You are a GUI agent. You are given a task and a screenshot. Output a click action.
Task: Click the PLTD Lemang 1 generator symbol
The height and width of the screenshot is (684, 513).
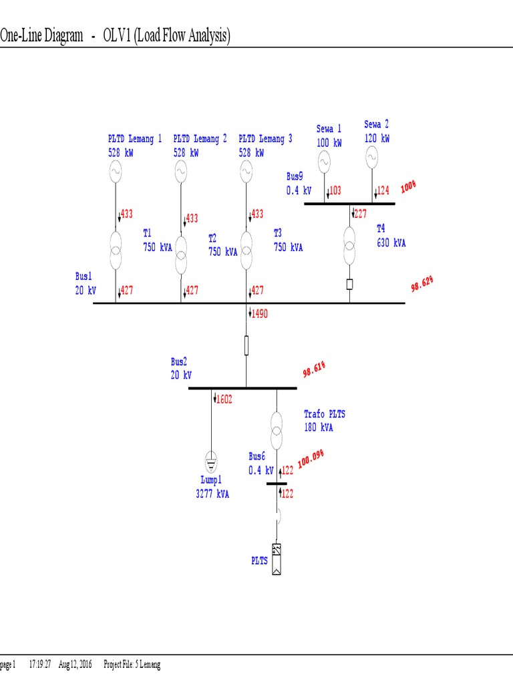116,172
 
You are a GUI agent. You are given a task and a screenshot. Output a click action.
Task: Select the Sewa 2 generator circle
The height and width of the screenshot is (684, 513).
371,158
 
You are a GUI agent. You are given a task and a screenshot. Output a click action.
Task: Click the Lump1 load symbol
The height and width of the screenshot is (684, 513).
210,460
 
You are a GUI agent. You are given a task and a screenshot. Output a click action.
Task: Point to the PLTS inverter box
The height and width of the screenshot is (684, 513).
276,559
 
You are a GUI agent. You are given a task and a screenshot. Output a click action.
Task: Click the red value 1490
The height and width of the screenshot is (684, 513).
259,313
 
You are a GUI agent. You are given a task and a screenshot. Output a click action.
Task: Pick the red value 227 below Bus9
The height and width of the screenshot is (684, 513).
361,214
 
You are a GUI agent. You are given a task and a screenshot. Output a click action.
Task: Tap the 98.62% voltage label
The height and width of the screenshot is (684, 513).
422,285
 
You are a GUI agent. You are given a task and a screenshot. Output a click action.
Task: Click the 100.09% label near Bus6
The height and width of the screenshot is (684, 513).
311,460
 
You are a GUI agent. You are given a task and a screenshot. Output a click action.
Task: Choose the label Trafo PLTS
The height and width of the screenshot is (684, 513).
325,414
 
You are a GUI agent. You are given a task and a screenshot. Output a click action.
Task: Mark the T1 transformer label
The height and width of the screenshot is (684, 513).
148,232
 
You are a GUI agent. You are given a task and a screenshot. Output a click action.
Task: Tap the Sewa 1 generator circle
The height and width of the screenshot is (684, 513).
323,161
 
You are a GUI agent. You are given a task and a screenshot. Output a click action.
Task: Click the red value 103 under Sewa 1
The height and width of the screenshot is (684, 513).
334,190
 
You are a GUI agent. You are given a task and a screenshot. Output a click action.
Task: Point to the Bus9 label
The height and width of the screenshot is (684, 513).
295,176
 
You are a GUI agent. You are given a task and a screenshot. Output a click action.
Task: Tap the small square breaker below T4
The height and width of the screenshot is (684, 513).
349,284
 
